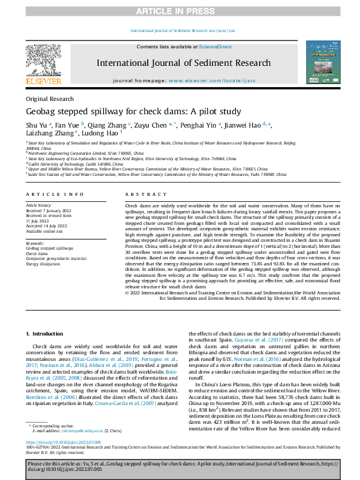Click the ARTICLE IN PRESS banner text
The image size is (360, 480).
180,11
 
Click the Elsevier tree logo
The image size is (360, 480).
44,60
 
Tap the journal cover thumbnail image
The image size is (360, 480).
323,62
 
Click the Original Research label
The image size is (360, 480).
45,99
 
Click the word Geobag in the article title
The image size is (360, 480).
41,112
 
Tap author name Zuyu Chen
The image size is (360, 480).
154,126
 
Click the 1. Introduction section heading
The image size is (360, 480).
42,334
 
